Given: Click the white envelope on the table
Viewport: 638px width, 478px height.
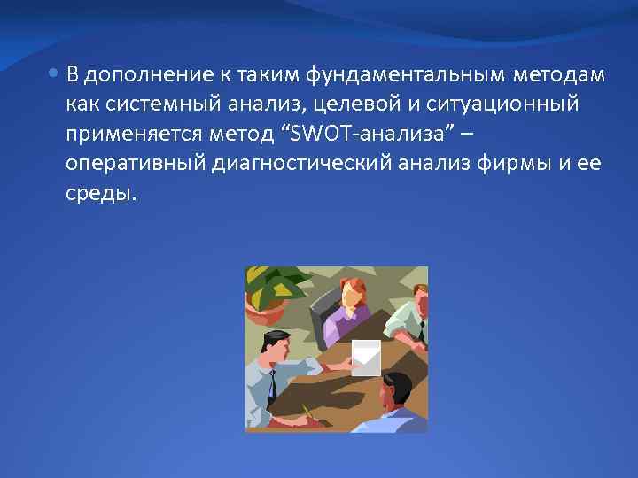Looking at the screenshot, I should (x=365, y=356).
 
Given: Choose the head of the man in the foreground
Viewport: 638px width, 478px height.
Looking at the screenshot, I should (x=395, y=389).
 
